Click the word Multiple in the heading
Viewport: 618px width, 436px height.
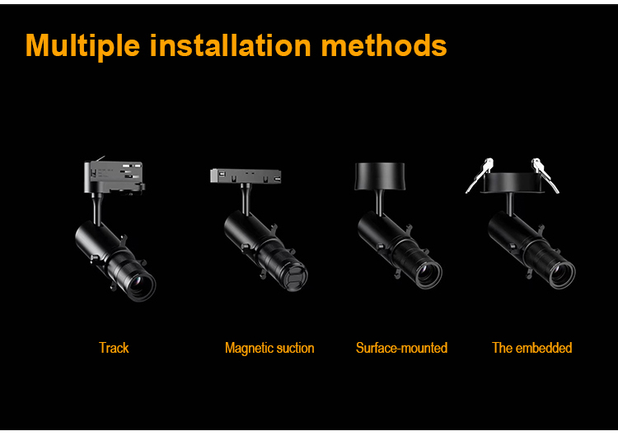coord(83,45)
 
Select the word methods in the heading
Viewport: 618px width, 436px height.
coord(384,45)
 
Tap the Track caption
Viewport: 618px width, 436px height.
coord(114,348)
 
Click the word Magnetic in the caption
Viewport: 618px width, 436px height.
coord(248,348)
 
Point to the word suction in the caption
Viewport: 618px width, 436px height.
coord(294,348)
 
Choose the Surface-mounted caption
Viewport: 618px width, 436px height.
coord(401,348)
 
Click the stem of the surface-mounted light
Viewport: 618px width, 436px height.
coord(382,202)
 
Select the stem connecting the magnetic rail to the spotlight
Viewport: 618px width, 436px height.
coord(245,198)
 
